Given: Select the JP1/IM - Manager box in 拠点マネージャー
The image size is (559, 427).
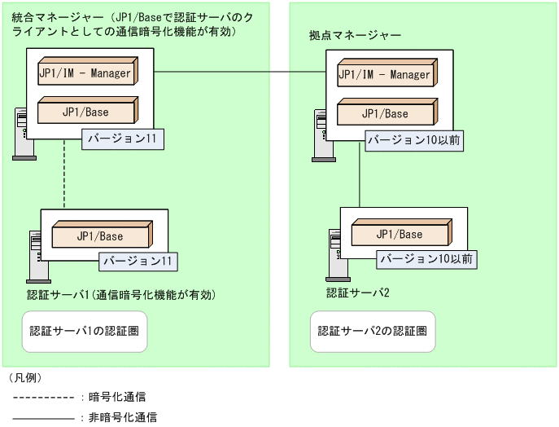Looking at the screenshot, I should [x=385, y=75].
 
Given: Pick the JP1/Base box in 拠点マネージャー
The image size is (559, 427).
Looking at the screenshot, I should [x=385, y=113].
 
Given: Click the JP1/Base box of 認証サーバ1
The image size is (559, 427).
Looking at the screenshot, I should [x=101, y=236].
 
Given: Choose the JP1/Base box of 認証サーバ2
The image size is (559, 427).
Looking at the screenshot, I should [x=400, y=235].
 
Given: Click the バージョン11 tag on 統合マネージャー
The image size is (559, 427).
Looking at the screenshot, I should [x=122, y=139].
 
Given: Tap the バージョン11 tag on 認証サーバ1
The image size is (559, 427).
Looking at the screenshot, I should [x=138, y=262].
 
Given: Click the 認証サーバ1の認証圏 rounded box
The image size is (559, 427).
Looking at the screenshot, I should [x=85, y=332].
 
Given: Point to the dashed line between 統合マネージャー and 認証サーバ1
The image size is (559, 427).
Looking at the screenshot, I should [x=64, y=181].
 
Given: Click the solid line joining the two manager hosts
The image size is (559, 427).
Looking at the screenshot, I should [x=240, y=73].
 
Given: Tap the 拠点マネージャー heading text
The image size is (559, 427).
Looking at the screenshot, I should [x=355, y=36].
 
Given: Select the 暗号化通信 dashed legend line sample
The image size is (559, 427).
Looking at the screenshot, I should [x=44, y=398].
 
